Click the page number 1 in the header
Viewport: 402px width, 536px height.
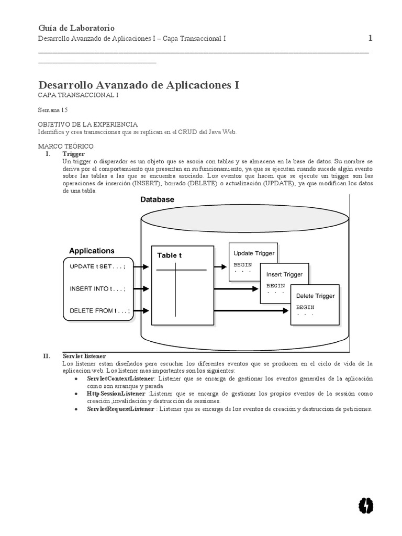click(x=370, y=38)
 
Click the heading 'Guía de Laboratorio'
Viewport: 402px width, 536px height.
click(x=76, y=28)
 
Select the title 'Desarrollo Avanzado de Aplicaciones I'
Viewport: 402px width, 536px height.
click(x=139, y=85)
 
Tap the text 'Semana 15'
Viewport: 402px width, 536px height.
click(x=53, y=110)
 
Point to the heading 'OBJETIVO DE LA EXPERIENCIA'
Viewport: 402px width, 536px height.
click(x=87, y=125)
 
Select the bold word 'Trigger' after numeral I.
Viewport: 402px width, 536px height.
click(x=73, y=154)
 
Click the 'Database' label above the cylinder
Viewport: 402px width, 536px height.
click(x=157, y=199)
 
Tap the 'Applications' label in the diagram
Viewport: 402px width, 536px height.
click(x=92, y=251)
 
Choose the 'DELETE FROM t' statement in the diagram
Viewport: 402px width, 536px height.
click(x=99, y=310)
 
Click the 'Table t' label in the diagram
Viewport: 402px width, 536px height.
click(x=170, y=255)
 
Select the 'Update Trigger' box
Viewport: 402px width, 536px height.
click(x=253, y=261)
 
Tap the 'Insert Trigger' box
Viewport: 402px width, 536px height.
click(x=284, y=282)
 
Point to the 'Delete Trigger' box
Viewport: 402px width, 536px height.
click(x=315, y=304)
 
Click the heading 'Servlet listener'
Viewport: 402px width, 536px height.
click(x=84, y=356)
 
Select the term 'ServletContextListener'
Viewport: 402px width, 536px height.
click(x=121, y=378)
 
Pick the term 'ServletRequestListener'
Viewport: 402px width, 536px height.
click(x=121, y=409)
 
